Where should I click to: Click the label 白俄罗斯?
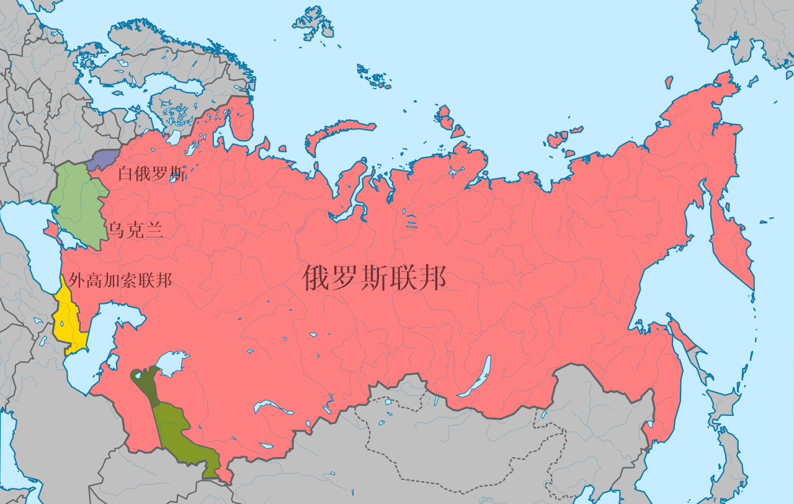pyautogui.click(x=152, y=174)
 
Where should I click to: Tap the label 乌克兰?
pyautogui.click(x=135, y=231)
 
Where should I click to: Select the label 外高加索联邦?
pyautogui.click(x=120, y=281)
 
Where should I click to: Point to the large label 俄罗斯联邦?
pyautogui.click(x=374, y=278)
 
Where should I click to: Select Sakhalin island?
pyautogui.click(x=689, y=344)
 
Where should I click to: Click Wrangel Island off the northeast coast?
pyautogui.click(x=669, y=82)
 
